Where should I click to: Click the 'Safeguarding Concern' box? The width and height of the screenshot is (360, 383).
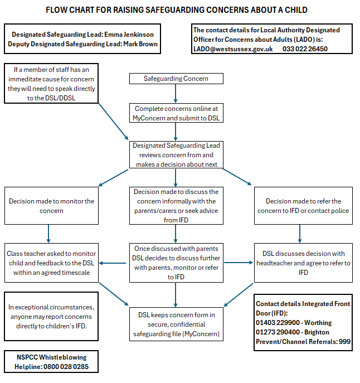[x=176, y=79]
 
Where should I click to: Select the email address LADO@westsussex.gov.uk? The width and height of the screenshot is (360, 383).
[x=233, y=49]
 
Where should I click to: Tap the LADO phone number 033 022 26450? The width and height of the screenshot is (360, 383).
[x=305, y=49]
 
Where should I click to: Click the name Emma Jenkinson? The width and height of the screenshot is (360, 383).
[x=129, y=35]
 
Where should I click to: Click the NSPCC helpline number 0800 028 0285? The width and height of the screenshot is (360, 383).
[x=66, y=367]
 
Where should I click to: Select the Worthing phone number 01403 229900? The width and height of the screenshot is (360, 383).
[x=278, y=323]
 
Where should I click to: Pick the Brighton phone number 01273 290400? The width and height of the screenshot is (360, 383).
[x=278, y=332]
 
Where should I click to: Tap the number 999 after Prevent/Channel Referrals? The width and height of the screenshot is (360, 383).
[x=344, y=342]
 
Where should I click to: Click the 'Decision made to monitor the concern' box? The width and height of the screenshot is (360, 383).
[x=51, y=206]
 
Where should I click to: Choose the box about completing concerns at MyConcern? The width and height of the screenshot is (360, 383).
[x=176, y=113]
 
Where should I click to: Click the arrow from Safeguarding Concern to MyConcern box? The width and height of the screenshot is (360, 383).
[x=176, y=94]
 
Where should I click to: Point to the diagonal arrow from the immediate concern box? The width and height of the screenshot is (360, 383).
[x=113, y=122]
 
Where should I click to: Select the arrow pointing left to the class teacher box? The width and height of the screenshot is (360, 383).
[x=113, y=263]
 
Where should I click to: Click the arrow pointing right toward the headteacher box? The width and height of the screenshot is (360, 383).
[x=239, y=263]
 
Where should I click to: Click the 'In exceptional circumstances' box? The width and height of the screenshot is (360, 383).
[x=51, y=316]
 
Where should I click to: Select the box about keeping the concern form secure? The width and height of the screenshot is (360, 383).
[x=176, y=324]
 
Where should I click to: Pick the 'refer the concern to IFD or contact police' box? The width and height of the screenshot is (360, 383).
[x=303, y=206]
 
